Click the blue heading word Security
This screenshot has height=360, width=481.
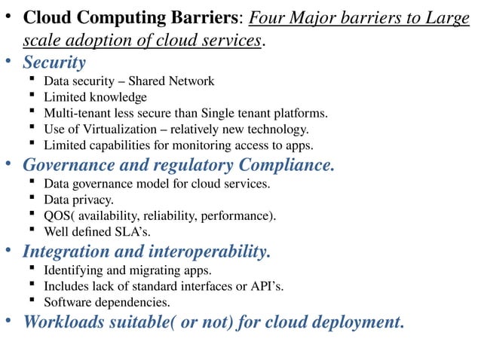pos(54,62)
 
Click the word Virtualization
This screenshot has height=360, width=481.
pos(120,129)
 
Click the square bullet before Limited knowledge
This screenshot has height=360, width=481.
pos(32,96)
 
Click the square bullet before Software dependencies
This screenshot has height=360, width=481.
pos(32,301)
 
